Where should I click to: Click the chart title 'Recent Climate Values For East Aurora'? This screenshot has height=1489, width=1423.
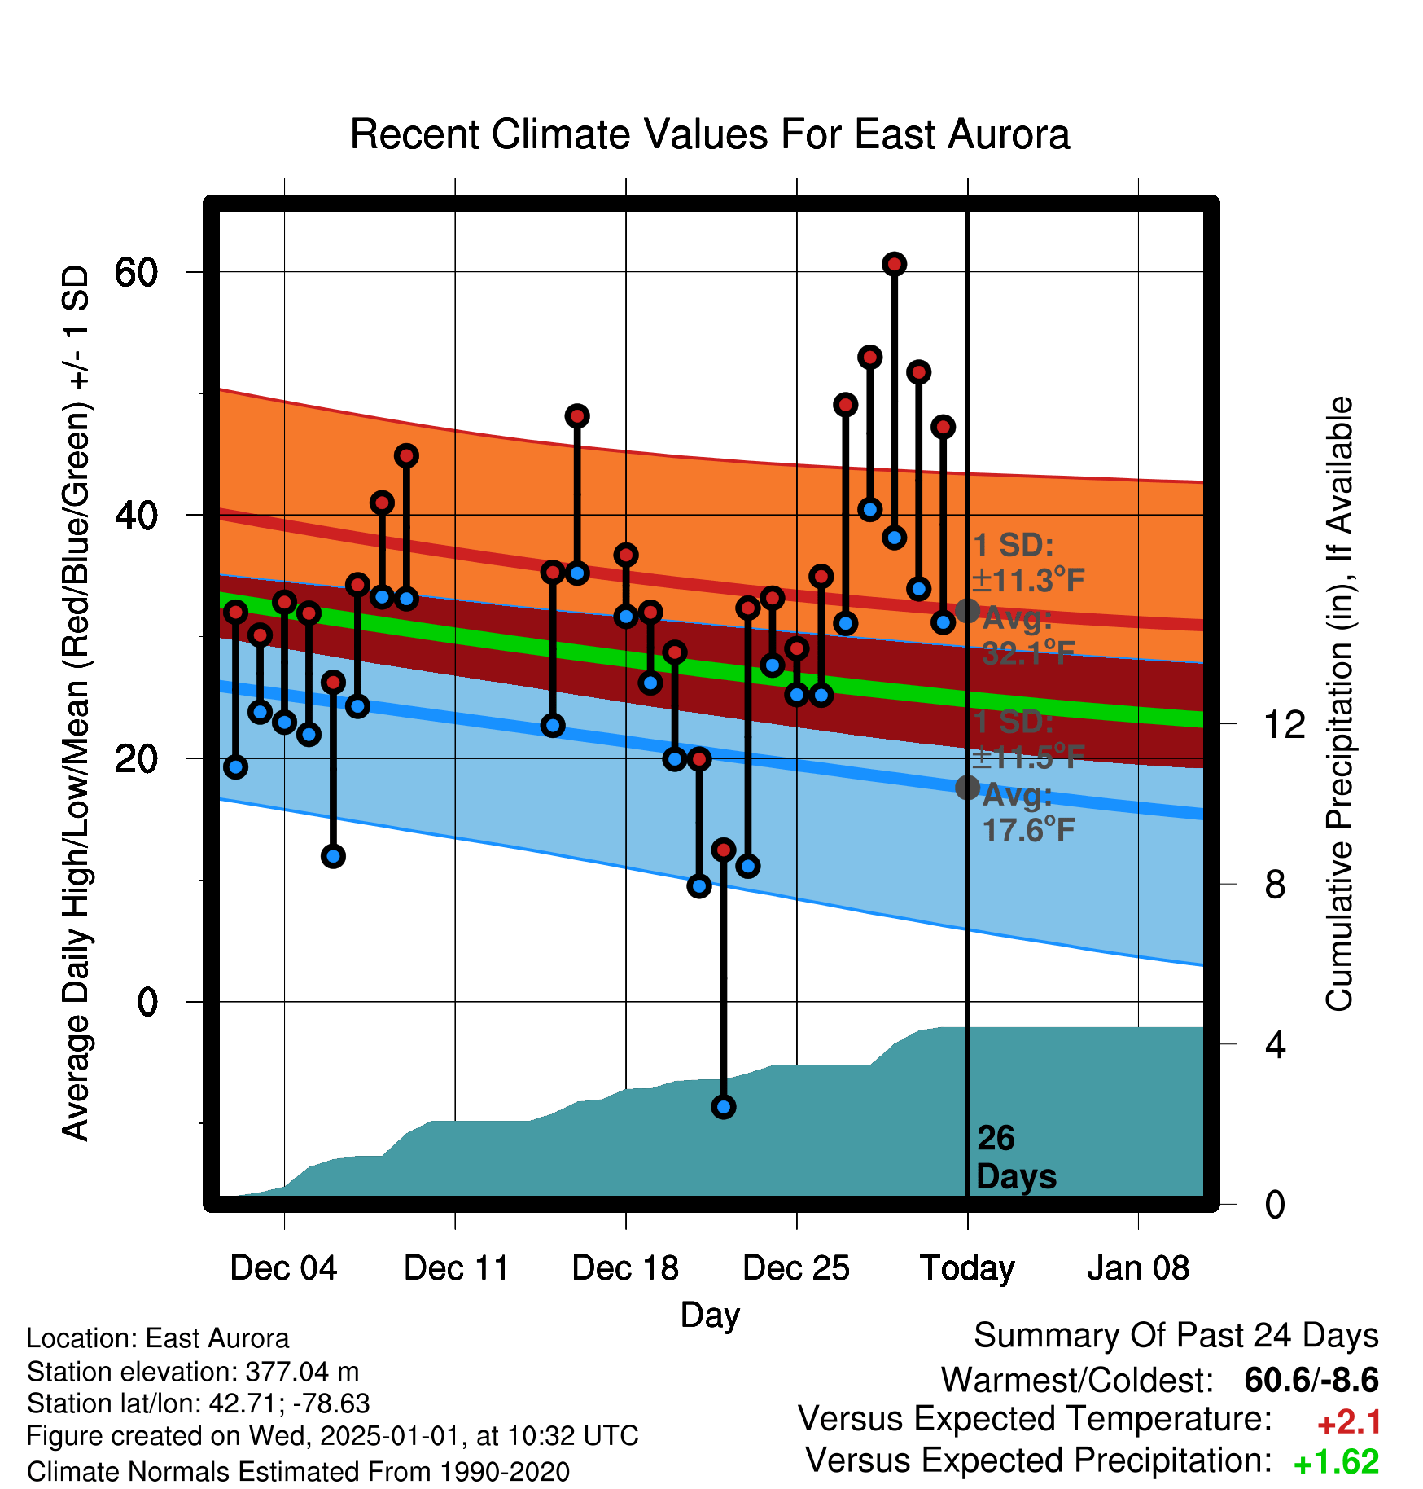coord(710,134)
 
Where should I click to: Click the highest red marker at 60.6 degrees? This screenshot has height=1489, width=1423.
coord(895,264)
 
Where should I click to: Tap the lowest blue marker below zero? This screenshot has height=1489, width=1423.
coord(724,1107)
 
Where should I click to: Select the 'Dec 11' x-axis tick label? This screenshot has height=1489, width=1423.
coord(456,1268)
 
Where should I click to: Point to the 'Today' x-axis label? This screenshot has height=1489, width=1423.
coord(967,1268)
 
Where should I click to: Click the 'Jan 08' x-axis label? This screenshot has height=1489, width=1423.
coord(1138,1268)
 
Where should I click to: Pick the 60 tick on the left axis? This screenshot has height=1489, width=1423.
coord(136,272)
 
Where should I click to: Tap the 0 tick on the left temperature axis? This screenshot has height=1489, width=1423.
coord(147,1002)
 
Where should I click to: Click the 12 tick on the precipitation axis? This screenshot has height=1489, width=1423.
coord(1285,723)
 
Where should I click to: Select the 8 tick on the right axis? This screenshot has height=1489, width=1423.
coord(1275,884)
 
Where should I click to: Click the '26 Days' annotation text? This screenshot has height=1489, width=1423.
coord(1016,1157)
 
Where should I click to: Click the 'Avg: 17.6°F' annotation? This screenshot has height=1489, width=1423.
coord(1027,813)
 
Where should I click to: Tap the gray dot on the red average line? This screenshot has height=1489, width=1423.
coord(967,610)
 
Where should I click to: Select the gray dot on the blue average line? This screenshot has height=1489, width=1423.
coord(967,788)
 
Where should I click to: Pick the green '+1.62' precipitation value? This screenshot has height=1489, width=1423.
coord(1336,1462)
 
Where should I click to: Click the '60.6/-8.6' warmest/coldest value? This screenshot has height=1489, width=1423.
coord(1311,1381)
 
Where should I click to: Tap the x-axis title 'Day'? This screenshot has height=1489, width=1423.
coord(710,1316)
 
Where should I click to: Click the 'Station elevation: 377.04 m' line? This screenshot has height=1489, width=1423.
coord(193,1372)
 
